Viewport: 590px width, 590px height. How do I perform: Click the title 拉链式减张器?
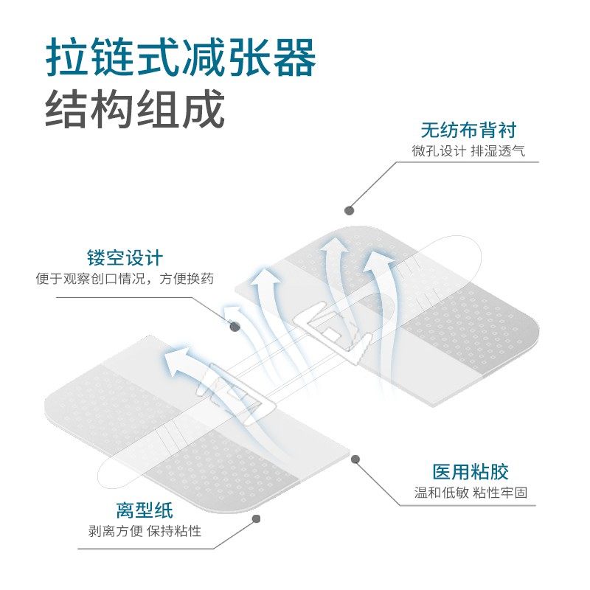[x=181, y=57]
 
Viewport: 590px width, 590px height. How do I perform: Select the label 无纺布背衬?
[x=469, y=131]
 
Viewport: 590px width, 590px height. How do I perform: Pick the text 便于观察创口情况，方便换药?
[x=125, y=279]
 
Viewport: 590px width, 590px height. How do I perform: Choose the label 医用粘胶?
[x=471, y=472]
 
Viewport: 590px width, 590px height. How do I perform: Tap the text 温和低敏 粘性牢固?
[x=471, y=492]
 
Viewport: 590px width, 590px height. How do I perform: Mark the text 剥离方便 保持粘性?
[x=145, y=531]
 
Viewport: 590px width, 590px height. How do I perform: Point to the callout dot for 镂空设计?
[x=235, y=326]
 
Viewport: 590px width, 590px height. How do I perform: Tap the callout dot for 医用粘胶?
[x=355, y=459]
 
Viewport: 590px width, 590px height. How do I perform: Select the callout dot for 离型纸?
[x=257, y=518]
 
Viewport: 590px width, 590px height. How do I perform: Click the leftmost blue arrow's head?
[x=174, y=360]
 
